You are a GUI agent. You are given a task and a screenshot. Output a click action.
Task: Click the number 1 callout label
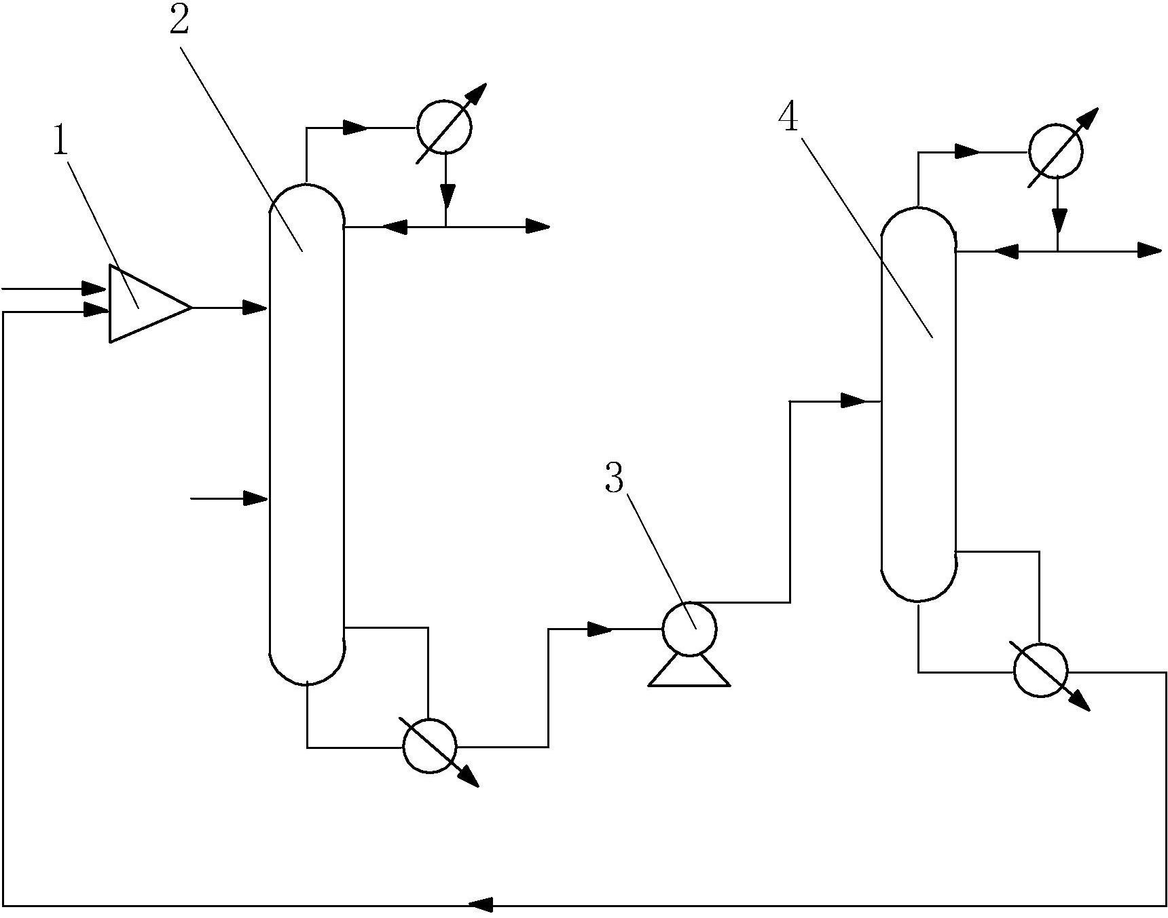61,141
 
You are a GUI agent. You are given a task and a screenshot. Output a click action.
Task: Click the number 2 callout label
179,21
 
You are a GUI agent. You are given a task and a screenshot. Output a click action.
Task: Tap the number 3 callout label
614,478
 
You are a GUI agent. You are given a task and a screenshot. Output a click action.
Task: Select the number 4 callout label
788,118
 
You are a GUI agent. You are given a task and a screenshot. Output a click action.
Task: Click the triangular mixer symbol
150,304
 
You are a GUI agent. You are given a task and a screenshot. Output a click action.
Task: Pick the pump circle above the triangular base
689,629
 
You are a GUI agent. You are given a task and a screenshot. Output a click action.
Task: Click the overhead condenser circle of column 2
444,126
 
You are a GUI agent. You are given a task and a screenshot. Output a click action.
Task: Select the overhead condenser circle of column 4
1055,150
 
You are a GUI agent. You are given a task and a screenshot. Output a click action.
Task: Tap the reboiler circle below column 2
430,746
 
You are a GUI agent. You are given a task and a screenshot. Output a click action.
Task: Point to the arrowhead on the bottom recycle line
481,904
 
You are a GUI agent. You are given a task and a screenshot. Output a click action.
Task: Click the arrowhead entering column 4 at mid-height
854,401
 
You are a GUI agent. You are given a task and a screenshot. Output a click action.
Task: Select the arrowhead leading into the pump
600,629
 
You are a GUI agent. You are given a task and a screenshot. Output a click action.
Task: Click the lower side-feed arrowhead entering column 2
256,498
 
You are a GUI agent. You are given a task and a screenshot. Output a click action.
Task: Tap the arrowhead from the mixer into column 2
256,308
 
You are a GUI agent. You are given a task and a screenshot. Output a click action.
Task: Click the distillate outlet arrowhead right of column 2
538,227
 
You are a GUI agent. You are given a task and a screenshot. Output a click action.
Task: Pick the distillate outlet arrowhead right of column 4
1150,251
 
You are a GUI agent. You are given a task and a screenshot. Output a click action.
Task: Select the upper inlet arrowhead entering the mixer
96,289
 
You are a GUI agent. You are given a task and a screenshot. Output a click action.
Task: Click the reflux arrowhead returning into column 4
1007,251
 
